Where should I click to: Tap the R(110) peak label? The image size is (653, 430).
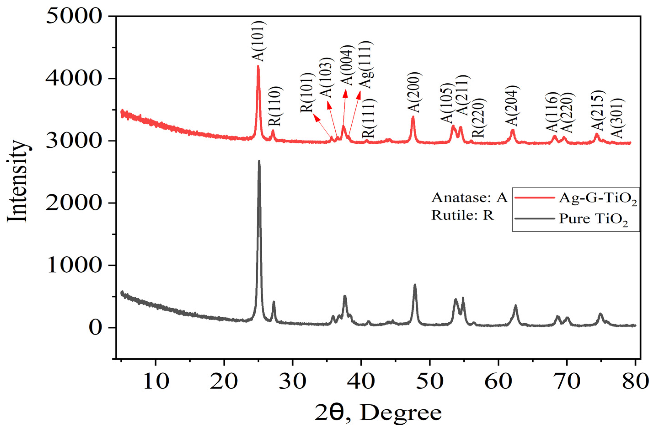(275, 106)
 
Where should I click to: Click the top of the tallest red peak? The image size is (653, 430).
(258, 66)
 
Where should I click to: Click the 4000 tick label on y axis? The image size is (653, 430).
(72, 79)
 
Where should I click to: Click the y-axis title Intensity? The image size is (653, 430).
(17, 181)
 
